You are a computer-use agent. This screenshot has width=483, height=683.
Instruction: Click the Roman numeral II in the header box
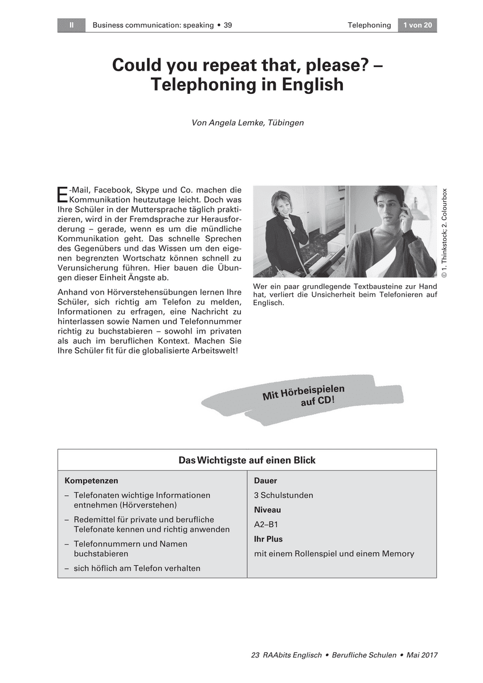click(71, 25)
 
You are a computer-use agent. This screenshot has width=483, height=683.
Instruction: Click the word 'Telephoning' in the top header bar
click(369, 25)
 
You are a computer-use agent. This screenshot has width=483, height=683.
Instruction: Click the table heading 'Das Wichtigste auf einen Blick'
click(247, 460)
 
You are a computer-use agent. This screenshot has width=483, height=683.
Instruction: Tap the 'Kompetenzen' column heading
click(91, 481)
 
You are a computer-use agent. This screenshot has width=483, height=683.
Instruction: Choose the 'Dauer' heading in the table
click(265, 481)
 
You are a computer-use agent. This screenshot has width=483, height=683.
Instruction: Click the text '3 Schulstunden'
click(283, 495)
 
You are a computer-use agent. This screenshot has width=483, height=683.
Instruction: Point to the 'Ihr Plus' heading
click(268, 539)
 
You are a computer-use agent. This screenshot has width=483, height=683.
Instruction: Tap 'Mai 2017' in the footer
click(422, 655)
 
